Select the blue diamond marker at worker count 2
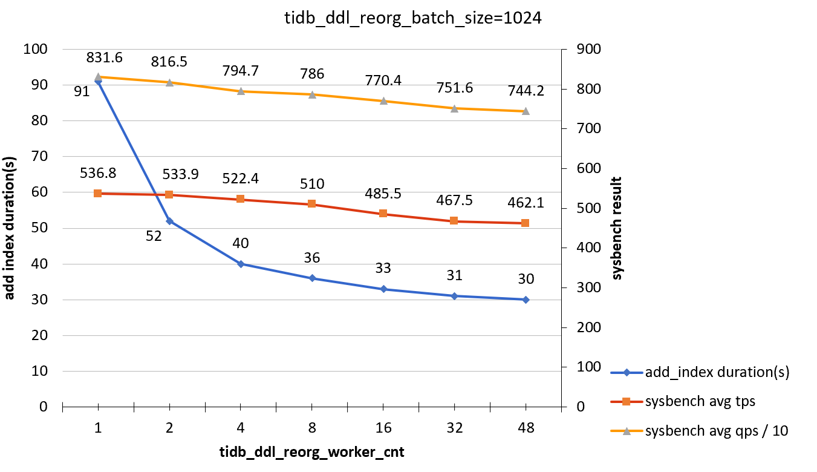coord(169,221)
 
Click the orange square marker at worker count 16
coord(383,214)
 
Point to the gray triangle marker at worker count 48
coord(525,111)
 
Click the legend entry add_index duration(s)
coord(708,372)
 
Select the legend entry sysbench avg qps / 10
coord(708,431)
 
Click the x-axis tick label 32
coord(454,428)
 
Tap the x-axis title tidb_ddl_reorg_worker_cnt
coord(311,452)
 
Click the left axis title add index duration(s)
coord(10,228)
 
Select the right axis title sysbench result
coord(617,228)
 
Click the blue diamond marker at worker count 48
coord(525,300)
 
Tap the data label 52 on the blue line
coord(154,236)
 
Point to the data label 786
coord(312,74)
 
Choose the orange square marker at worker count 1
coord(98,193)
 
